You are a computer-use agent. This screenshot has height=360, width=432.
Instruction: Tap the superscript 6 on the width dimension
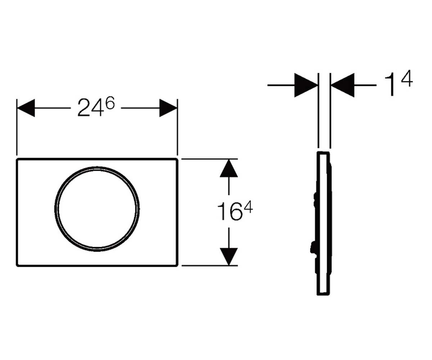click(110, 103)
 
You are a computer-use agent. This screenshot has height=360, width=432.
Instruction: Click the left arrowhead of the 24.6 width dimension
click(26, 108)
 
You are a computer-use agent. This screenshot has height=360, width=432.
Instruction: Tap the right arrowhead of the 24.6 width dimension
click(168, 108)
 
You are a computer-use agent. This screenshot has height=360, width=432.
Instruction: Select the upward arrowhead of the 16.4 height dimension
click(229, 168)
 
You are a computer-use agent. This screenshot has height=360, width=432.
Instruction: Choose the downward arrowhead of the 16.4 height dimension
click(229, 257)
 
